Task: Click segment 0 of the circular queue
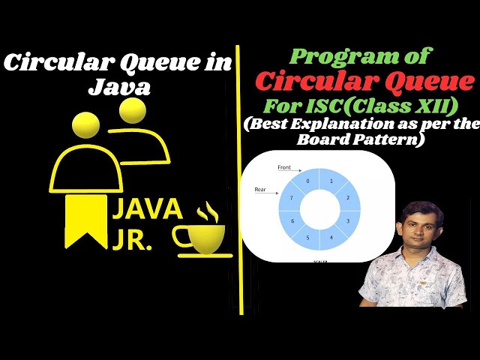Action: [x=306, y=181]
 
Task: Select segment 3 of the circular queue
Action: [x=347, y=221]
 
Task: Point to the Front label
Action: [x=284, y=166]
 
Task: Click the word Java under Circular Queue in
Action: [x=120, y=87]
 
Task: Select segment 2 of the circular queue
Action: [x=347, y=197]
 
